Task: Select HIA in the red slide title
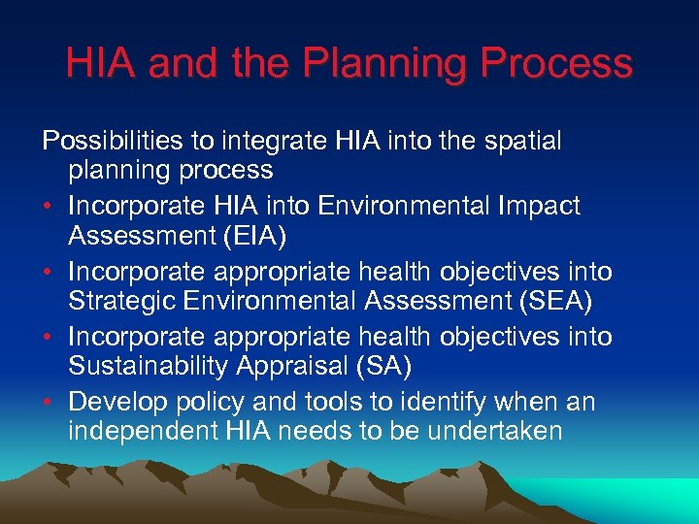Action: (100, 65)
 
